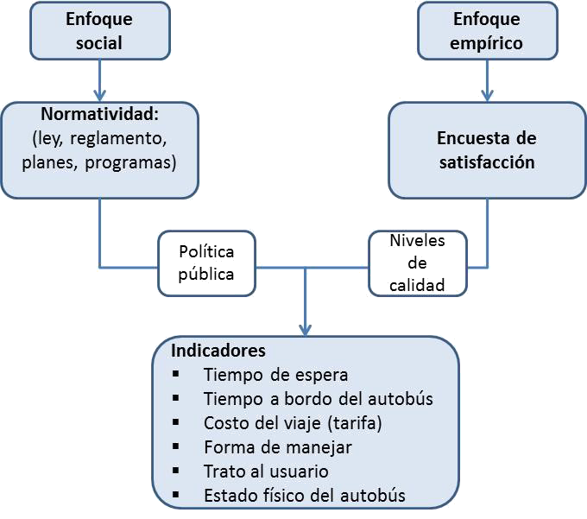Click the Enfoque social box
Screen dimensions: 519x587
pos(99,30)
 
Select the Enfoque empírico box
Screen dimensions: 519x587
pos(486,30)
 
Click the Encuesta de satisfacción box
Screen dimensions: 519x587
pos(486,149)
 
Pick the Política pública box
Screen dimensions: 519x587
pos(206,262)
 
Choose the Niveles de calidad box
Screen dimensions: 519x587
pos(417,262)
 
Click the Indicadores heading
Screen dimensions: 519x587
pos(218,351)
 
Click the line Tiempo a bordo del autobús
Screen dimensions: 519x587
pos(318,399)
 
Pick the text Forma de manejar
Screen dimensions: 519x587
pos(278,447)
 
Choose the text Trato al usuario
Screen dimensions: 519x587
pos(266,472)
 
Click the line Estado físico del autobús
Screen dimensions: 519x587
pos(305,496)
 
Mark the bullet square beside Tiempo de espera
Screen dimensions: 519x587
pos(176,374)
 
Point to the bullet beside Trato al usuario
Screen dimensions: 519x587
pos(176,471)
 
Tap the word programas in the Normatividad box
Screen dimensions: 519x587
pos(129,162)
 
